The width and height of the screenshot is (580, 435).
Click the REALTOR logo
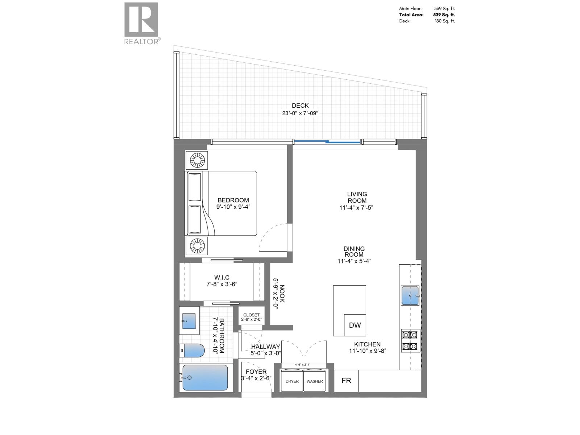[141, 23]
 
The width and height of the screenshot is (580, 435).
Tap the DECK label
[300, 105]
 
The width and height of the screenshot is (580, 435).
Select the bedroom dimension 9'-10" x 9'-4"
[233, 207]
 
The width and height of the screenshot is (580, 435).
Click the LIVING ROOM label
[357, 197]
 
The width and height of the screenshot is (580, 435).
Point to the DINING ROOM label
[354, 252]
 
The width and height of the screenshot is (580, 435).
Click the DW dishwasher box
[355, 325]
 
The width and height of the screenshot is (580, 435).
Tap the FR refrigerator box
[346, 381]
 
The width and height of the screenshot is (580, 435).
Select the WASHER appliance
[315, 381]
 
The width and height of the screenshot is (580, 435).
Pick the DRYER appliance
[292, 381]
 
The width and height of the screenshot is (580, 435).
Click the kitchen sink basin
[410, 295]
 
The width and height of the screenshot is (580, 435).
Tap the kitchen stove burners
[410, 341]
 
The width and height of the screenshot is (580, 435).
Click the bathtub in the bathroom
[205, 377]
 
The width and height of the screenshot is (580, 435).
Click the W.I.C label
[221, 278]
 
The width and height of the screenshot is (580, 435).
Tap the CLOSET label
[251, 315]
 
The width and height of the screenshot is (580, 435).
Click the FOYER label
[256, 372]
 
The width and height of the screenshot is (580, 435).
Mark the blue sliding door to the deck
[327, 142]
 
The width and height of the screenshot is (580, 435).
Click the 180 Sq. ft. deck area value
[445, 21]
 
